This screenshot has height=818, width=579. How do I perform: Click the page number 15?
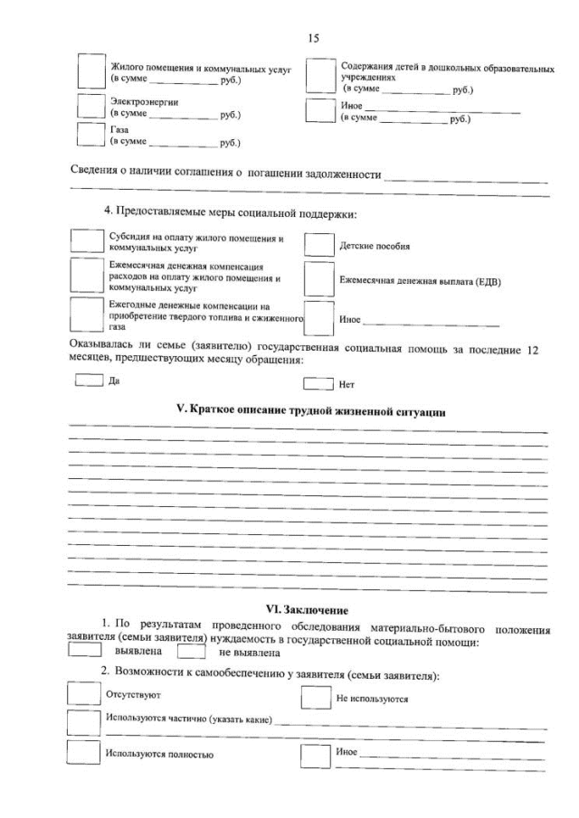[x=314, y=38]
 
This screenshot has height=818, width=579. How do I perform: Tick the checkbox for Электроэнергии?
[x=90, y=107]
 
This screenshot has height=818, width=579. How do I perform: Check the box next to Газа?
[x=90, y=135]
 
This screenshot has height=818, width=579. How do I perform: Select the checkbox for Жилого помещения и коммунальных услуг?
[x=91, y=72]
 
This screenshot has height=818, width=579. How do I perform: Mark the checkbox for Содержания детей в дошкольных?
[x=320, y=77]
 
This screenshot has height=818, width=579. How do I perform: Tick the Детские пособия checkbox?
[x=318, y=246]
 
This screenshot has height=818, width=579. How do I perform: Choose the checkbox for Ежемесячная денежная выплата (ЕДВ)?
[x=318, y=279]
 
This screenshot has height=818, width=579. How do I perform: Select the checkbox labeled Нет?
[x=318, y=382]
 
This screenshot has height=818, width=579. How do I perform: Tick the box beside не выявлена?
[x=191, y=650]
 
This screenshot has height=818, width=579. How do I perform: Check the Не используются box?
[x=315, y=698]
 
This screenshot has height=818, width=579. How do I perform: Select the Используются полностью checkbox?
[x=84, y=753]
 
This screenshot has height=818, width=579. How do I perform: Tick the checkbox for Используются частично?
[x=84, y=722]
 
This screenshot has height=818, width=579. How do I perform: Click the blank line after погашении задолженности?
[x=466, y=176]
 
